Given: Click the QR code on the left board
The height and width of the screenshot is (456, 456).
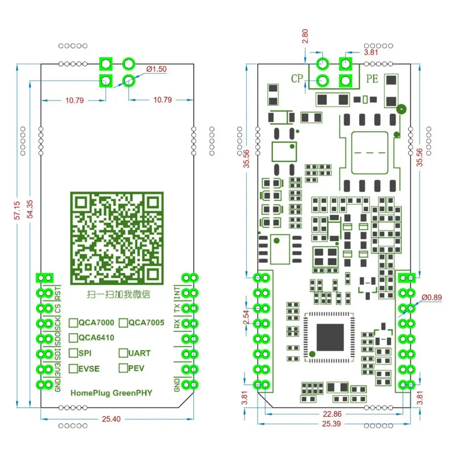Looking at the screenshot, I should coord(116,238).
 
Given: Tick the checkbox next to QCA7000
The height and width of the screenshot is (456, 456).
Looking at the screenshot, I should coord(74,323).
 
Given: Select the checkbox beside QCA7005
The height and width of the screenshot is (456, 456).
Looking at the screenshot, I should coord(123,323).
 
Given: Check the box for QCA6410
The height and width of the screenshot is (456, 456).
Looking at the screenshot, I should coord(74,337).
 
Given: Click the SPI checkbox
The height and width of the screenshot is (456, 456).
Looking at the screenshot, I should coord(74,353).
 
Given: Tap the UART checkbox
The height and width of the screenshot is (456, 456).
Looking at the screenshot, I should coord(123,353).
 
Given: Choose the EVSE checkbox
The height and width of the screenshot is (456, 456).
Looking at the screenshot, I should coord(74,368).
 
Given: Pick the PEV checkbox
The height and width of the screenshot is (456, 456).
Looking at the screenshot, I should coord(123,368).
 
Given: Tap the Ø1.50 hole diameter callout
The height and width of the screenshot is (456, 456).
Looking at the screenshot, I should coord(156,69).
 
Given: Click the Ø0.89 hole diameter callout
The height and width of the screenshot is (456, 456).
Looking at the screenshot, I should coord(431,297).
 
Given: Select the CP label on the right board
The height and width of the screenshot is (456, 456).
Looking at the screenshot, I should coord(297,78).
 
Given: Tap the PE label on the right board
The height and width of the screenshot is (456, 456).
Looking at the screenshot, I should coord(372,78).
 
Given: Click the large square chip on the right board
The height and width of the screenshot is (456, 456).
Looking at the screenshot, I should coord(330,337).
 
